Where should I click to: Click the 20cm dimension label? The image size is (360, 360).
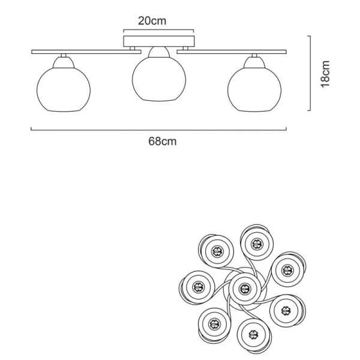[152, 21]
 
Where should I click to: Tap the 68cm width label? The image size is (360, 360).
[163, 141]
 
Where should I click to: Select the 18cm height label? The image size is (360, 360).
[325, 74]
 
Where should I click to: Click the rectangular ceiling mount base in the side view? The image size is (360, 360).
[159, 41]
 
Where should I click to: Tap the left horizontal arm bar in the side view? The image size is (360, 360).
[86, 52]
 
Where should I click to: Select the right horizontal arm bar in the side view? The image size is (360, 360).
[232, 52]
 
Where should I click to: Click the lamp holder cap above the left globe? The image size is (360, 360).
[64, 62]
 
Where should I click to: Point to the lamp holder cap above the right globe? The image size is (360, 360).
[254, 62]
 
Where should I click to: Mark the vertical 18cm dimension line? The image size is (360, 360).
[310, 73]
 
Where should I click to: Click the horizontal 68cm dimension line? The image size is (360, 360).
[158, 130]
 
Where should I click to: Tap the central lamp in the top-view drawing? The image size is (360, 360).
[245, 289]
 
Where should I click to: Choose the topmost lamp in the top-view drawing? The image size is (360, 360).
[257, 243]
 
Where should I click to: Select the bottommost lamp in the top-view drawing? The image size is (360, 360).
[254, 335]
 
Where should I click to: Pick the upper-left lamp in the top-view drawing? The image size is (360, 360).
[216, 251]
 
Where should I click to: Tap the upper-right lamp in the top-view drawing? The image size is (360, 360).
[289, 269]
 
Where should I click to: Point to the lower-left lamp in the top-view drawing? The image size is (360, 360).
[214, 325]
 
